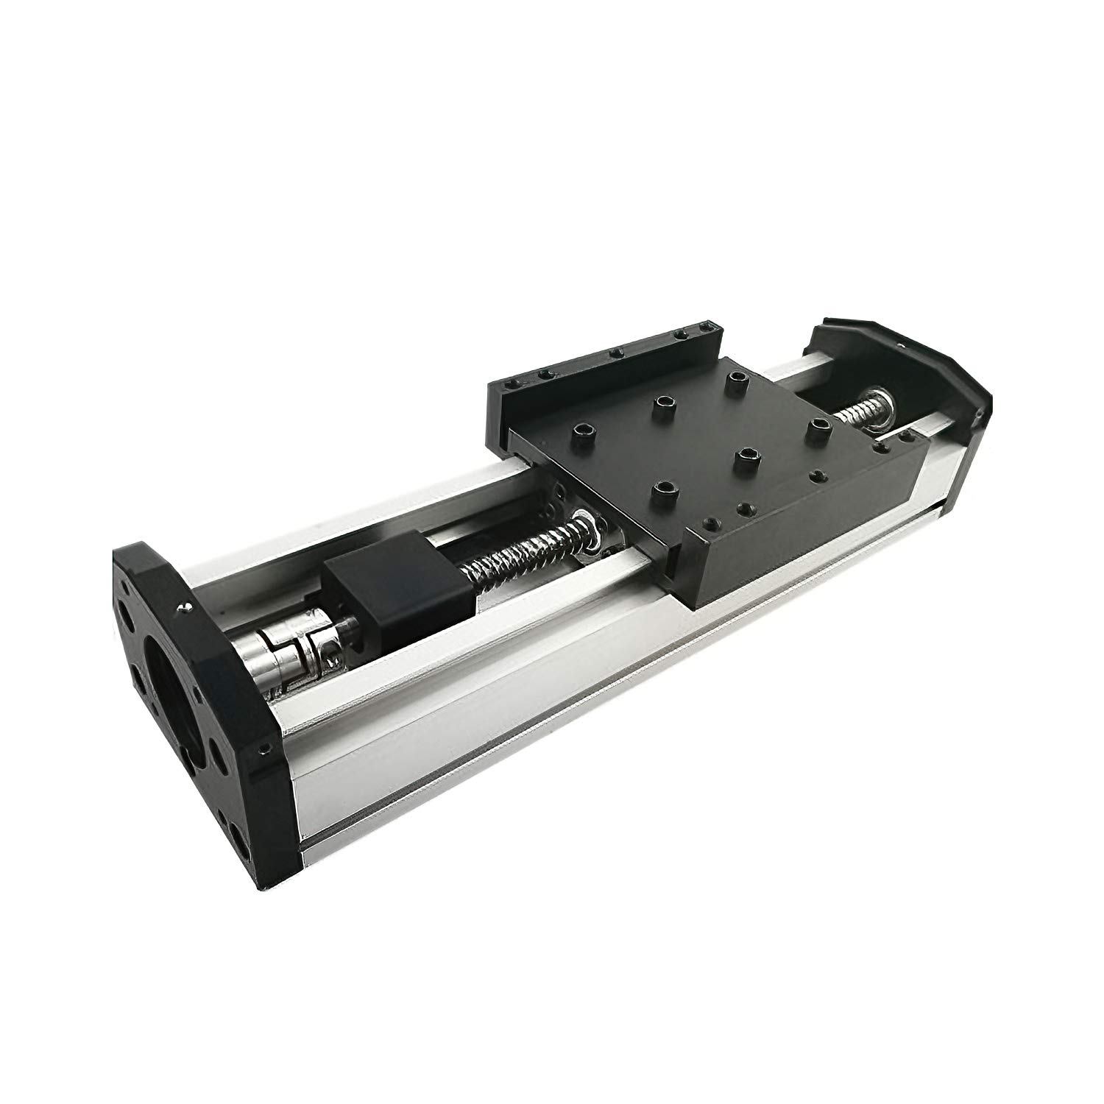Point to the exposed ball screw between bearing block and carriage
click(x=515, y=556)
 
